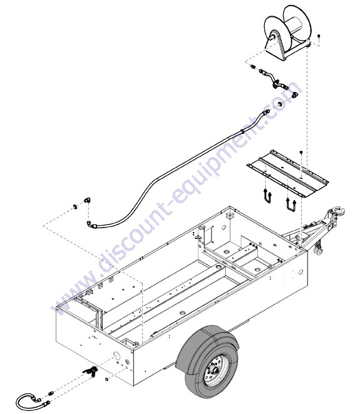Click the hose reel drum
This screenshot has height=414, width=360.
point(287,32)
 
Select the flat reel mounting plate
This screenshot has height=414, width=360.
point(287,173)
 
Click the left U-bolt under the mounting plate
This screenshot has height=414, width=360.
point(267,195)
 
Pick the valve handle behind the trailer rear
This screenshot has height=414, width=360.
point(91,371)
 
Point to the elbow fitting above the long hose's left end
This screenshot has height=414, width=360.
point(87,200)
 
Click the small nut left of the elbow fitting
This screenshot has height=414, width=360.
point(75,206)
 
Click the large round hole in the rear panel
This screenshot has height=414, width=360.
point(116,355)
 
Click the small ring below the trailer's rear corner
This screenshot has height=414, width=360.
point(106,380)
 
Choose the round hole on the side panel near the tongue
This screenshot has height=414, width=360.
point(301,271)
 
